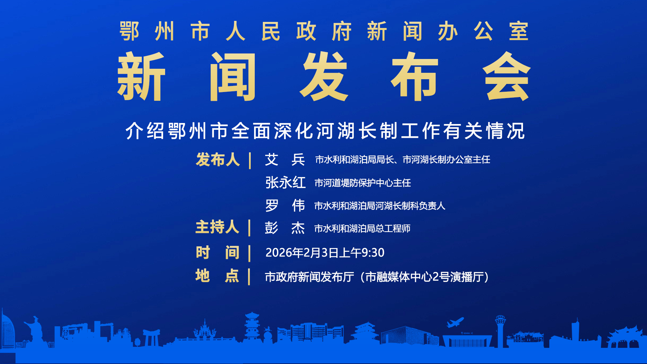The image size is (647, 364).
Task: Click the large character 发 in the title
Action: pos(324,77)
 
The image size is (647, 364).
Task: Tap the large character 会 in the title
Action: pos(507,77)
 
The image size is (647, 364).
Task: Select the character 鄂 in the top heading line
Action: pos(129,31)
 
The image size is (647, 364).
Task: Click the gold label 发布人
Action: pos(218,159)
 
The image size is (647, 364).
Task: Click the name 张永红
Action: pos(285,183)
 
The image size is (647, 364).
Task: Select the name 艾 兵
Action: pos(285,159)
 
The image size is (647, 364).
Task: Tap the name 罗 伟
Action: pos(285,206)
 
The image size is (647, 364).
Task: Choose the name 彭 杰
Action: pos(285,228)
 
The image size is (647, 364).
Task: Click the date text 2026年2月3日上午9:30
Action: pos(325,252)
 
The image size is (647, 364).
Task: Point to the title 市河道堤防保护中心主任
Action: pos(363,183)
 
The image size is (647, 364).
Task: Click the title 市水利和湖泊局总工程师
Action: pos(362,229)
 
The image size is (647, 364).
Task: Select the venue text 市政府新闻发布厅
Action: pos(309,277)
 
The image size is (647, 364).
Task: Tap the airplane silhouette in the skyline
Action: pos(455,322)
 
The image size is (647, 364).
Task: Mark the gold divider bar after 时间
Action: pos(249,253)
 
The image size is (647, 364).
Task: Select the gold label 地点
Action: pos(217,276)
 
